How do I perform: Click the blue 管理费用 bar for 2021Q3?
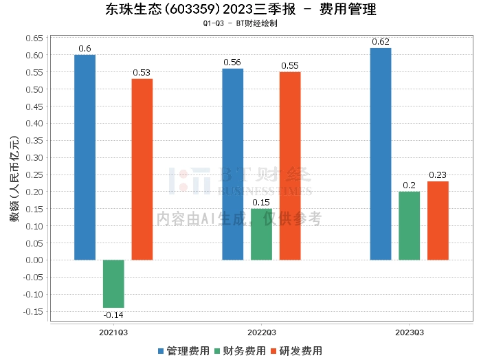pyautogui.click(x=85, y=157)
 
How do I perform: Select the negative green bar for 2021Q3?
pyautogui.click(x=113, y=284)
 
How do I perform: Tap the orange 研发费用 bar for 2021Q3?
pyautogui.click(x=142, y=169)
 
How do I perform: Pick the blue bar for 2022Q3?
pyautogui.click(x=233, y=164)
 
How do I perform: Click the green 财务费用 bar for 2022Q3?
pyautogui.click(x=261, y=234)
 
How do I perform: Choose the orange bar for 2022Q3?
pyautogui.click(x=290, y=166)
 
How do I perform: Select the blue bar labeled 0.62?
pyautogui.click(x=381, y=154)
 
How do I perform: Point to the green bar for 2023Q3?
pyautogui.click(x=410, y=226)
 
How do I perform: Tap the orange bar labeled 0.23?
pyautogui.click(x=438, y=221)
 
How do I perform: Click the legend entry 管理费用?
pyautogui.click(x=183, y=351)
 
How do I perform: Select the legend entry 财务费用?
pyautogui.click(x=241, y=351)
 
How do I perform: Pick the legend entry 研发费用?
pyautogui.click(x=298, y=351)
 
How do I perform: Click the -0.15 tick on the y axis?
pyautogui.click(x=32, y=311)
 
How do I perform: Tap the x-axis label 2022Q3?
pyautogui.click(x=261, y=332)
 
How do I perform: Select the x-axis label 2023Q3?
pyautogui.click(x=410, y=332)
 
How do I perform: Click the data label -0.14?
pyautogui.click(x=113, y=315)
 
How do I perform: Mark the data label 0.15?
pyautogui.click(x=261, y=202)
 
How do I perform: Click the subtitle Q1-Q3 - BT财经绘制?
pyautogui.click(x=240, y=23)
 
